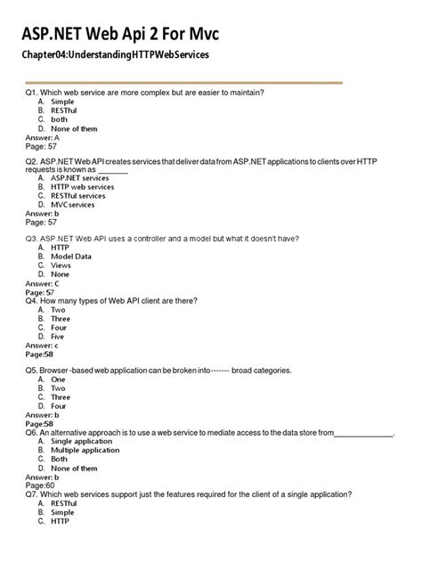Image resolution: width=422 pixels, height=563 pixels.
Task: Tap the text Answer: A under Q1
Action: click(x=43, y=138)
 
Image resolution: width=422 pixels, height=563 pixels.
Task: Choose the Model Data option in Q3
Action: click(x=70, y=257)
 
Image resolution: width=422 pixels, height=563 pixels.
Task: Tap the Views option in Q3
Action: click(x=61, y=265)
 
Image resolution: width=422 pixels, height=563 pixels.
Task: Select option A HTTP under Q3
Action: click(x=60, y=248)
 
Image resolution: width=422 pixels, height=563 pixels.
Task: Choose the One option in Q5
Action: click(x=58, y=379)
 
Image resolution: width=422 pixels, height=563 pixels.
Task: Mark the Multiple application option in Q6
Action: click(x=85, y=450)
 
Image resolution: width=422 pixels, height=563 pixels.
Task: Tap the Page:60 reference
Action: click(x=40, y=485)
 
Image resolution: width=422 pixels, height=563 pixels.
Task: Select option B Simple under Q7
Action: click(x=62, y=512)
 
